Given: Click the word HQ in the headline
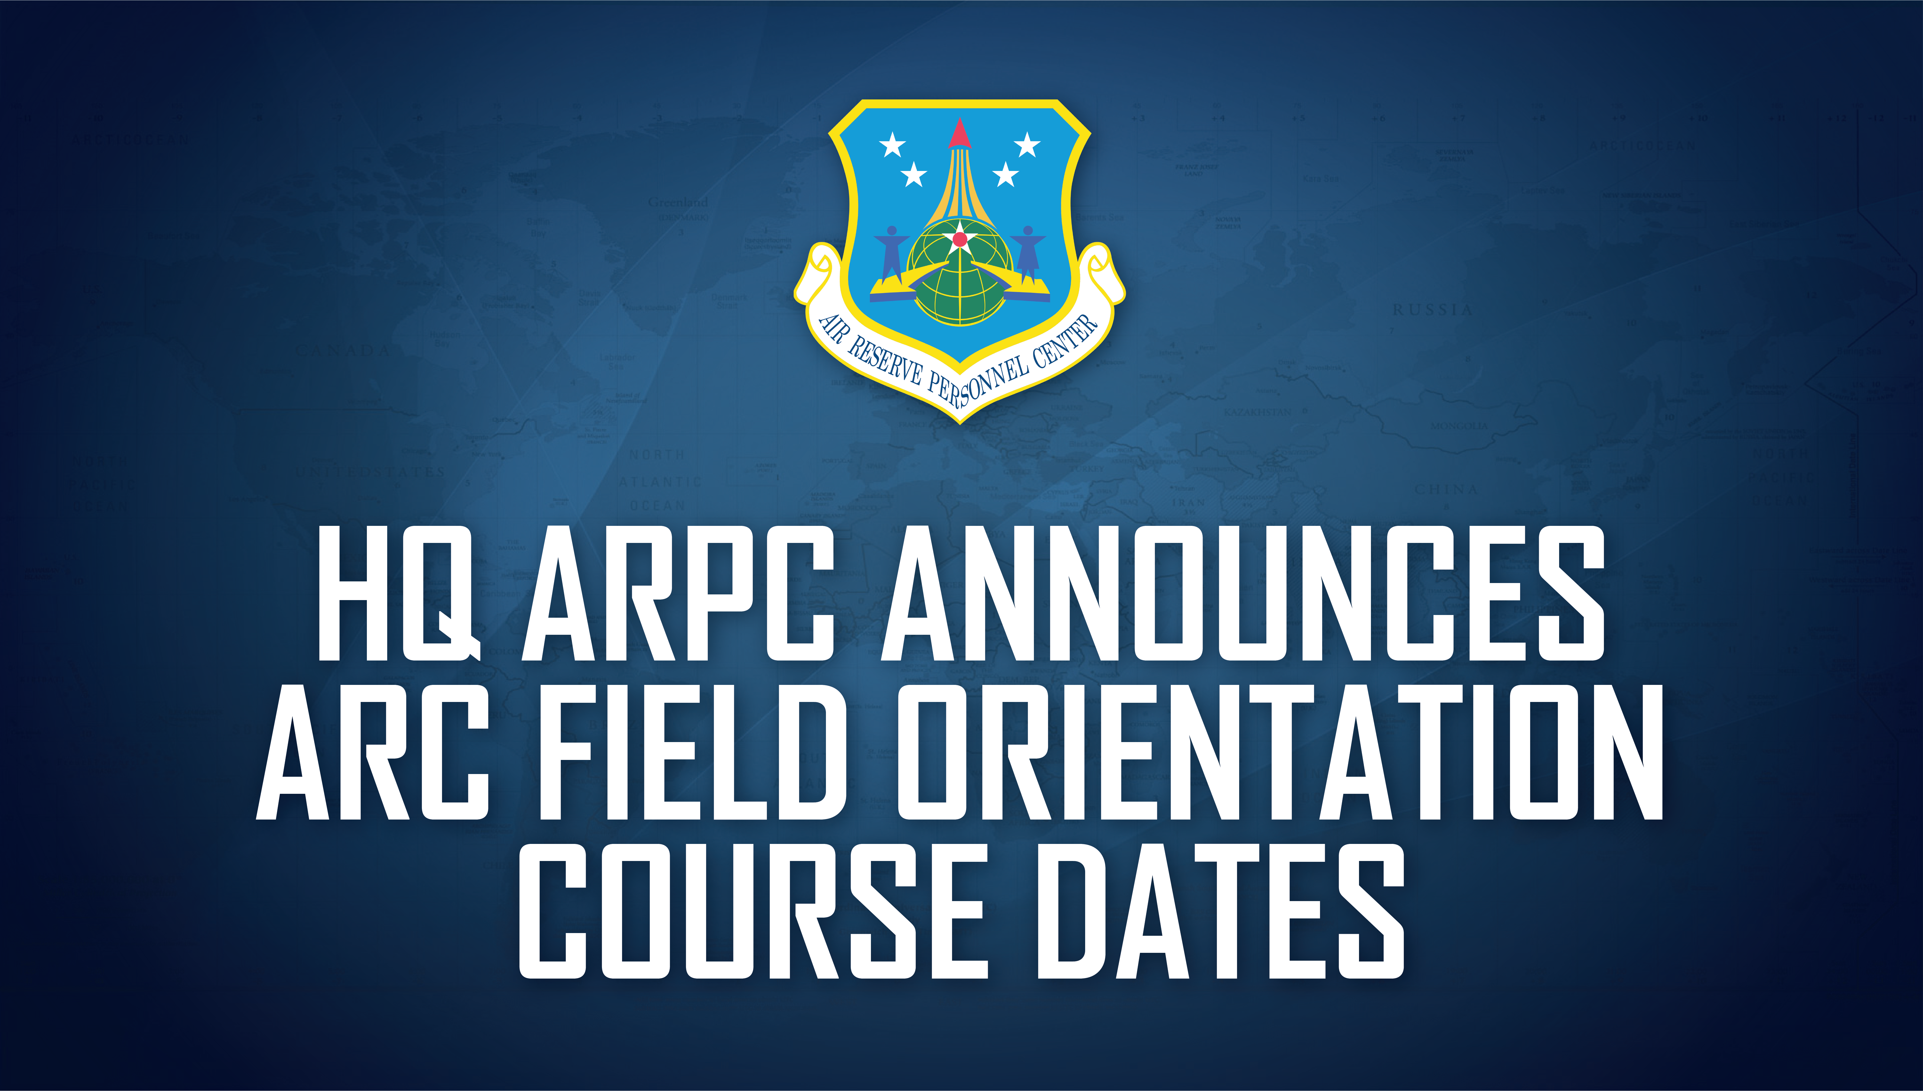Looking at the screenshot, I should (397, 594).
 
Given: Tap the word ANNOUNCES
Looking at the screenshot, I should (1242, 594).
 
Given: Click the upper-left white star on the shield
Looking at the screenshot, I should (892, 144).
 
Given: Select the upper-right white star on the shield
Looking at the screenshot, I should (1026, 144).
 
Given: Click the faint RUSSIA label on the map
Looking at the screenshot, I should (1432, 309).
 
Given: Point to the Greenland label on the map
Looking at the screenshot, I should (678, 202).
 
